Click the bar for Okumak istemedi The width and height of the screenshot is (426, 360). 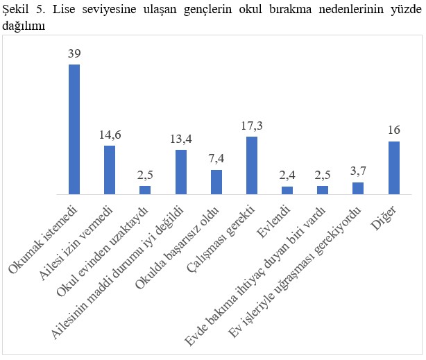pyautogui.click(x=74, y=129)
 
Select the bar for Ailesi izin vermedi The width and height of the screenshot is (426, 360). pyautogui.click(x=110, y=170)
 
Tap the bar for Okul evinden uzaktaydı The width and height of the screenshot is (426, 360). pyautogui.click(x=145, y=189)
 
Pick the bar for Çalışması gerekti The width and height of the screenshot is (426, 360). pyautogui.click(x=252, y=165)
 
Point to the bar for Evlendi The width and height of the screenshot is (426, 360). pyautogui.click(x=287, y=190)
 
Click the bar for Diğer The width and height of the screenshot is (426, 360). pyautogui.click(x=394, y=168)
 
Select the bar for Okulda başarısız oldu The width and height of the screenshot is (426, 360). pyautogui.click(x=216, y=182)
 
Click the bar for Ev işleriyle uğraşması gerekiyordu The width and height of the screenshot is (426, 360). pyautogui.click(x=359, y=188)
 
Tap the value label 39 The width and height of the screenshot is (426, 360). pyautogui.click(x=74, y=53)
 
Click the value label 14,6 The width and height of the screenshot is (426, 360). pyautogui.click(x=110, y=135)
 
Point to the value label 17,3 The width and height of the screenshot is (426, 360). pyautogui.click(x=252, y=126)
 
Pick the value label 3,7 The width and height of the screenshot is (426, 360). pyautogui.click(x=359, y=171)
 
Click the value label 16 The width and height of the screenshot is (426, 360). pyautogui.click(x=394, y=130)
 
